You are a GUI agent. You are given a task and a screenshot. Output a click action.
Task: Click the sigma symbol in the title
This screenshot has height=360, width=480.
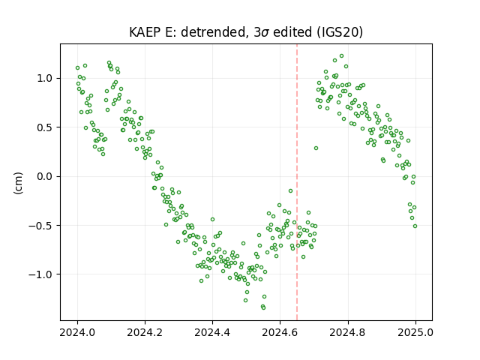tap(265, 33)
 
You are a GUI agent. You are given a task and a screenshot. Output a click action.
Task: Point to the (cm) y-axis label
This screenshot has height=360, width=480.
tap(18, 183)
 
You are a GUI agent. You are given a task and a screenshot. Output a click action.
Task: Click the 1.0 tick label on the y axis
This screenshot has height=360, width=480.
tap(45, 78)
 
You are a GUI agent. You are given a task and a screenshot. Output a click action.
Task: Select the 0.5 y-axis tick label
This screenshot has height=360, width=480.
tap(45, 127)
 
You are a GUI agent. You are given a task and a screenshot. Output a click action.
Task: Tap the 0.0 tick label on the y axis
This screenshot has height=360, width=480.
tap(45, 176)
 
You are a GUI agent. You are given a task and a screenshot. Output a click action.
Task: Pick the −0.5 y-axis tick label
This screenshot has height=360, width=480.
tap(40, 226)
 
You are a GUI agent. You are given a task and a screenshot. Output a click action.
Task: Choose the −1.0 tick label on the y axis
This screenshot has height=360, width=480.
tap(40, 274)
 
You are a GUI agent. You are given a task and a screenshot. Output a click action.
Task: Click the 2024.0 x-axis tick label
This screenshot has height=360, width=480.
tap(77, 332)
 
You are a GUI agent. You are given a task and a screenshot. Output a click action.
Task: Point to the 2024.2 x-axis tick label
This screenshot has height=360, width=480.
tap(145, 332)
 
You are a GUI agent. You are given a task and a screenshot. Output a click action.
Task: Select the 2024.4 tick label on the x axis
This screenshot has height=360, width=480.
tap(212, 332)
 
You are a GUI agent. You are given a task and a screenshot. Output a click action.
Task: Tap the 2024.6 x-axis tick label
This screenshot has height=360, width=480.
tap(280, 332)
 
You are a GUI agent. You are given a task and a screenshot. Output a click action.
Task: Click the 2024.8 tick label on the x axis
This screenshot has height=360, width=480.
tap(347, 332)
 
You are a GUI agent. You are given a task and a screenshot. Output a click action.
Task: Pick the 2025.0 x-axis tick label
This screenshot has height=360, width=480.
tap(415, 332)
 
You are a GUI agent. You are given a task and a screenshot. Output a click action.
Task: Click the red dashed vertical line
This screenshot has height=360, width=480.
tap(297, 182)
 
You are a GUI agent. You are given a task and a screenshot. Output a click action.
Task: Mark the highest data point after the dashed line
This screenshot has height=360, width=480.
tap(342, 56)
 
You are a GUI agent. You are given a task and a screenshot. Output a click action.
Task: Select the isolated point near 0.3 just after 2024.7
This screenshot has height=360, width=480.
tap(316, 148)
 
